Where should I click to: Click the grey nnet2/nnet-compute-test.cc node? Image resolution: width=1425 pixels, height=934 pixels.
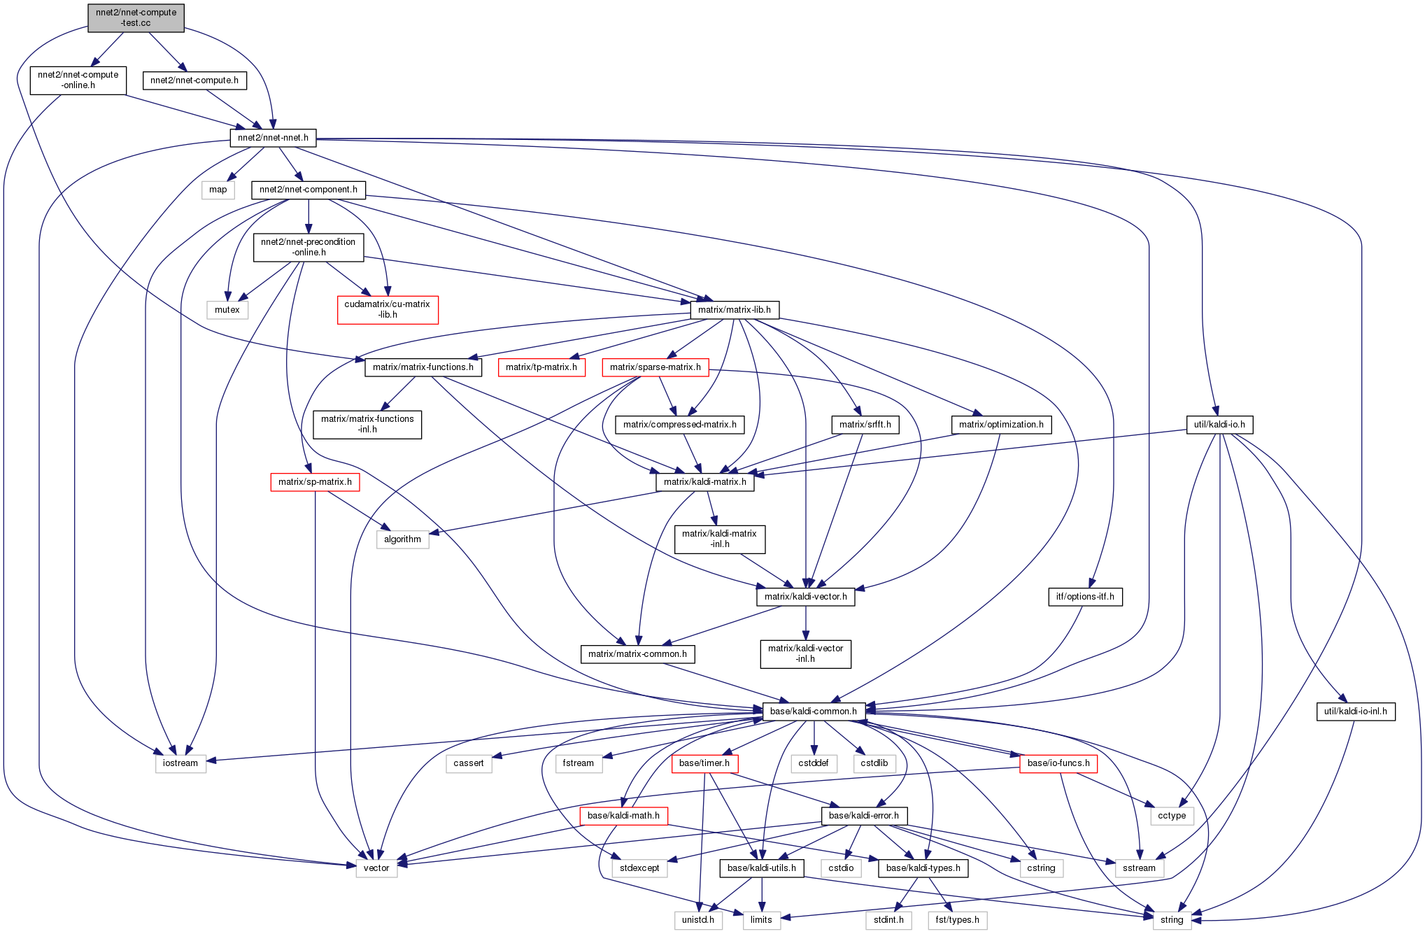point(136,17)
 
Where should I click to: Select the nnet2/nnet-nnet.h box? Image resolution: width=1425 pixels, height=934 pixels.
point(273,138)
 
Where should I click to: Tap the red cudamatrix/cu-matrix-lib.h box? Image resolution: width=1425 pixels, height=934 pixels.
point(388,309)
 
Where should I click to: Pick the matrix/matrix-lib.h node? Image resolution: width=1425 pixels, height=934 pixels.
point(734,309)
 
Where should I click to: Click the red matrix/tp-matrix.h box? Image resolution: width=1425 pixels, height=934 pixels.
point(541,367)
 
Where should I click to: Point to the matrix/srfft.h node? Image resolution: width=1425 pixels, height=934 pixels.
point(865,424)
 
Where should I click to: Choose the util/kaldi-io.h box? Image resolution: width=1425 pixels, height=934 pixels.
point(1219,424)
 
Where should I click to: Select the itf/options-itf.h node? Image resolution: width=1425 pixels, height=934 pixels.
point(1084,596)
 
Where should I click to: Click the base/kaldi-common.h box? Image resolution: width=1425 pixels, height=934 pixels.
point(813,711)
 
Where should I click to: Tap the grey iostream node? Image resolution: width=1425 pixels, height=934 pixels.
point(180,763)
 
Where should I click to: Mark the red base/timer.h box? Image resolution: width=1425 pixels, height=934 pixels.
point(704,763)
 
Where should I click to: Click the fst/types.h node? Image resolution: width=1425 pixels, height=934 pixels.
point(957,919)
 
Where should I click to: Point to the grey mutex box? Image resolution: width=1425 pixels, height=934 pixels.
point(227,309)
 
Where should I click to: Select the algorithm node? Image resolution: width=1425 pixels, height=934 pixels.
point(402,539)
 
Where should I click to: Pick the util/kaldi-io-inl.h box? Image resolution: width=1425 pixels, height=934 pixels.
point(1355,711)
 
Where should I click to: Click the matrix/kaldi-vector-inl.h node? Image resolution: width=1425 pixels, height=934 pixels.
point(805,653)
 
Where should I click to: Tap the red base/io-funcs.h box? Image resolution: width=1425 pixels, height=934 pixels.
point(1058,763)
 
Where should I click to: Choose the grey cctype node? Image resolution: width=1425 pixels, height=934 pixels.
point(1171,815)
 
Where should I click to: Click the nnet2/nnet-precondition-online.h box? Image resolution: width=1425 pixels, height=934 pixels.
point(309,247)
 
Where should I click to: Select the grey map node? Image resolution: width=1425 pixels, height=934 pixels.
point(218,189)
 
